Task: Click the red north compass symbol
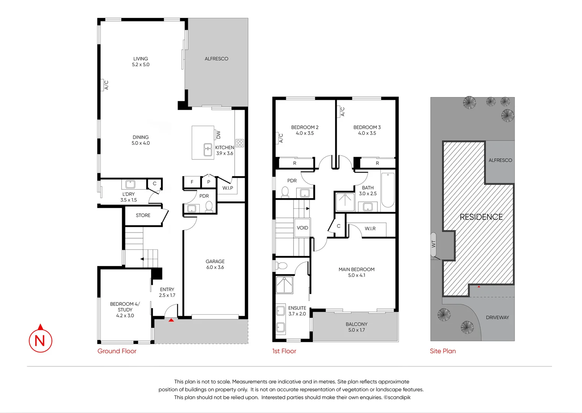coord(40,338)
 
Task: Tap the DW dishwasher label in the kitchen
coord(218,135)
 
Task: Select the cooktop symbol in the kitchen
coord(240,143)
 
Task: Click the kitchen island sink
coord(208,150)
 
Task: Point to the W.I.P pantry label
coord(228,188)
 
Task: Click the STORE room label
coord(143,215)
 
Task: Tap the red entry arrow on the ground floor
coord(171,320)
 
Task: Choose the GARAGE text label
coord(215,262)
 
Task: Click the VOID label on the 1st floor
coord(302,228)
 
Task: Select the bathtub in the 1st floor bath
coord(388,190)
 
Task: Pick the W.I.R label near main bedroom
coord(370,228)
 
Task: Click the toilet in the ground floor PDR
coord(209,207)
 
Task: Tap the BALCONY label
coord(357,324)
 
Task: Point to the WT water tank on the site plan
coord(434,244)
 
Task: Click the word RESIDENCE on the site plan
coord(481,217)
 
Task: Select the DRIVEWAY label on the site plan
coord(497,317)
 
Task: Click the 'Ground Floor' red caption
coord(117,351)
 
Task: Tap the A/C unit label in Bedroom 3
coord(342,112)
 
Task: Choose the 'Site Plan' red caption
coord(443,351)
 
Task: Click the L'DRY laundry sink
coord(130,184)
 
